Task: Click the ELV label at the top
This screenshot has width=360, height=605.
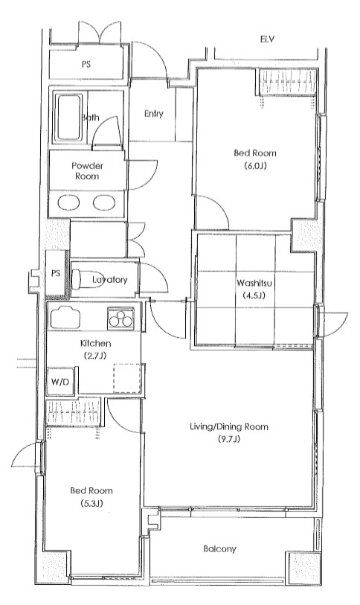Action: click(266, 39)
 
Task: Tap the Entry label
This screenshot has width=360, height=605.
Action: click(154, 114)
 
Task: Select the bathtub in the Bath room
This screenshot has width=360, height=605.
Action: click(71, 118)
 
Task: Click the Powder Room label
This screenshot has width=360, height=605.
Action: click(87, 170)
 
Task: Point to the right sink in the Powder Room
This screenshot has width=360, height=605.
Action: click(103, 203)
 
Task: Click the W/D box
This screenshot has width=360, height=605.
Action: click(60, 382)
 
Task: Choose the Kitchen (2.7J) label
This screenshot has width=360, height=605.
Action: click(95, 350)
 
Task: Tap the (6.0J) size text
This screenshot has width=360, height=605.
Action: click(253, 166)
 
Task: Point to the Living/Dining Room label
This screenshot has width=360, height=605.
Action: click(229, 426)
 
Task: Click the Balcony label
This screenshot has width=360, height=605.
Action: click(219, 549)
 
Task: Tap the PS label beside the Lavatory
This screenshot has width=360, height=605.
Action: click(55, 272)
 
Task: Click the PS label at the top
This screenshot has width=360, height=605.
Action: click(87, 64)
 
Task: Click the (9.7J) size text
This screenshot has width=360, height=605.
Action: click(229, 439)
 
